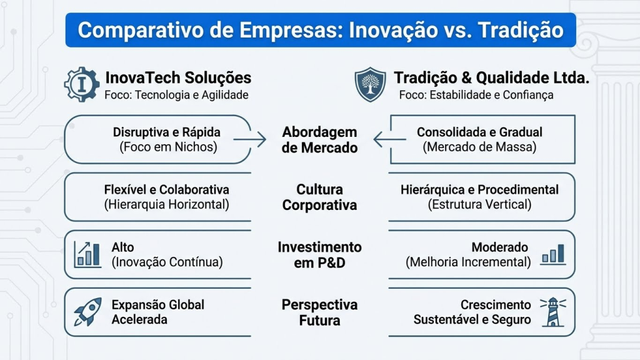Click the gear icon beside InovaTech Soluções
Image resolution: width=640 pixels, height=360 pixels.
[x=82, y=84]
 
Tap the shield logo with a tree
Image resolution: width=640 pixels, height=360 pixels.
[x=370, y=84]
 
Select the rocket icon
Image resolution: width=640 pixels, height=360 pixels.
[x=87, y=312]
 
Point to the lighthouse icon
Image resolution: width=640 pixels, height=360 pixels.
[x=553, y=312]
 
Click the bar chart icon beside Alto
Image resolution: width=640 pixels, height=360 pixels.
[x=87, y=254]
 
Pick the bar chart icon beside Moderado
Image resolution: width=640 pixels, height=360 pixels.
[x=553, y=254]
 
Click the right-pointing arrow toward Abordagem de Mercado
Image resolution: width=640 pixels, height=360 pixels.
[x=250, y=139]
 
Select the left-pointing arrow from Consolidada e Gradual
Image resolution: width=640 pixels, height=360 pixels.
[x=389, y=139]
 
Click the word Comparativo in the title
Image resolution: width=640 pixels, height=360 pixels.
[x=141, y=30]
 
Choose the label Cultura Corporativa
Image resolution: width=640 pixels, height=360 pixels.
[x=319, y=197]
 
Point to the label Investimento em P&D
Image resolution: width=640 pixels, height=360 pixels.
[x=319, y=255]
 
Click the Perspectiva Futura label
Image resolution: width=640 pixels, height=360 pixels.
[x=319, y=312]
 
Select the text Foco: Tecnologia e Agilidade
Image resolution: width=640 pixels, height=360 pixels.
[x=176, y=95]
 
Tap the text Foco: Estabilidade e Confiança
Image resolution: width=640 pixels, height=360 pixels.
[x=476, y=95]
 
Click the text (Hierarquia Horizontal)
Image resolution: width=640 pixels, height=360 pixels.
[x=166, y=204]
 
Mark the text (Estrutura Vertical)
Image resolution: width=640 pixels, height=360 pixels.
[x=479, y=204]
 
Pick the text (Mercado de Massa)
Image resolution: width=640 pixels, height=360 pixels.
[x=479, y=147]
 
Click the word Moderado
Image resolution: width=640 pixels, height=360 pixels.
[x=499, y=247]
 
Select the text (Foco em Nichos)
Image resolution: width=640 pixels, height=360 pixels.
[x=168, y=147]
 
